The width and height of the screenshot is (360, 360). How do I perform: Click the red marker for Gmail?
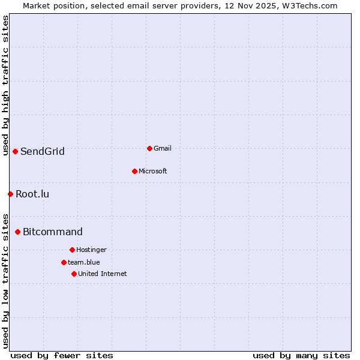[149, 148]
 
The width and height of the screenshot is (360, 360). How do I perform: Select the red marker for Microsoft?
[134, 171]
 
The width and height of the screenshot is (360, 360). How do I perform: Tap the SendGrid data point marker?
[15, 151]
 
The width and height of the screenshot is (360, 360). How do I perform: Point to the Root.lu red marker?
[10, 194]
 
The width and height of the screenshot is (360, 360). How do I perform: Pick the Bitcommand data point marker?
[17, 232]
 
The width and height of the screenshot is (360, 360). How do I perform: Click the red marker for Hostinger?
[72, 250]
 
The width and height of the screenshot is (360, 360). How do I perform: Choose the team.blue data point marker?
[64, 262]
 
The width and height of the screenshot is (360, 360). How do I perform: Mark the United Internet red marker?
[74, 274]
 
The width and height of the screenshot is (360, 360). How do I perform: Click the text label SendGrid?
[42, 151]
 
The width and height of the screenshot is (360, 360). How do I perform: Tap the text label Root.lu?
[32, 194]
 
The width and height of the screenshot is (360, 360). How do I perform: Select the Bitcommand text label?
[53, 232]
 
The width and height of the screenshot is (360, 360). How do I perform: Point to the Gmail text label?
[163, 148]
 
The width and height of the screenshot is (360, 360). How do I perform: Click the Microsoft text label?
[153, 171]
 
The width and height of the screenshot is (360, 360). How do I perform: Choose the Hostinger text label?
[91, 250]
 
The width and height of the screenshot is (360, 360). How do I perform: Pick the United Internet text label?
[103, 274]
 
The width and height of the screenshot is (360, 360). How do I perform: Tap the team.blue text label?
[84, 262]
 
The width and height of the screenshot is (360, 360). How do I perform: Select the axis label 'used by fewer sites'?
[62, 355]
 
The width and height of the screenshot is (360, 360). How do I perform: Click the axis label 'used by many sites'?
[301, 355]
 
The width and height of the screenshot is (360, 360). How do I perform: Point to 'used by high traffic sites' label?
[5, 85]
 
